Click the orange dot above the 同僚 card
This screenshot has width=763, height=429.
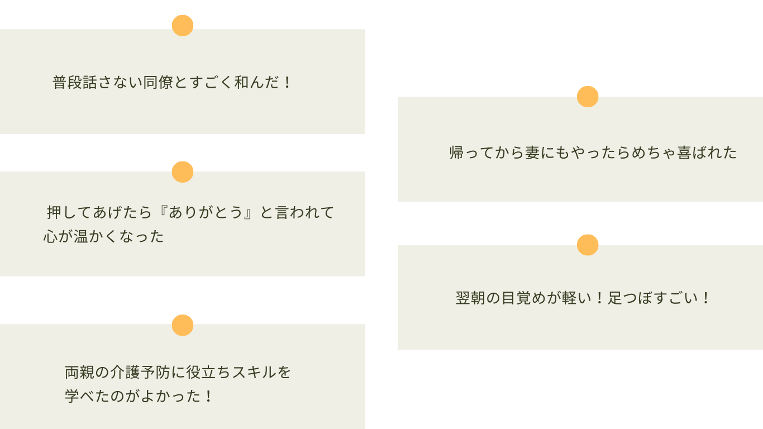(x=183, y=26)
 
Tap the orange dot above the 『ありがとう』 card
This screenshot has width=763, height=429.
(x=183, y=172)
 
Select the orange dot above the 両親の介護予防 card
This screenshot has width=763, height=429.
(x=183, y=325)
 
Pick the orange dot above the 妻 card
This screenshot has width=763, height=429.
(x=588, y=97)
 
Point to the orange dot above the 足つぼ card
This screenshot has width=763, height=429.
(x=588, y=245)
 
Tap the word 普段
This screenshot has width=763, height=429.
(x=67, y=83)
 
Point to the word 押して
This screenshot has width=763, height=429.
(x=69, y=212)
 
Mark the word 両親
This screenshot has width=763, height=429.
(x=80, y=372)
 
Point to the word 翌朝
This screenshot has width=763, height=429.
(x=470, y=298)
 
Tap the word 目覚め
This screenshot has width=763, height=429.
(x=523, y=298)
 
